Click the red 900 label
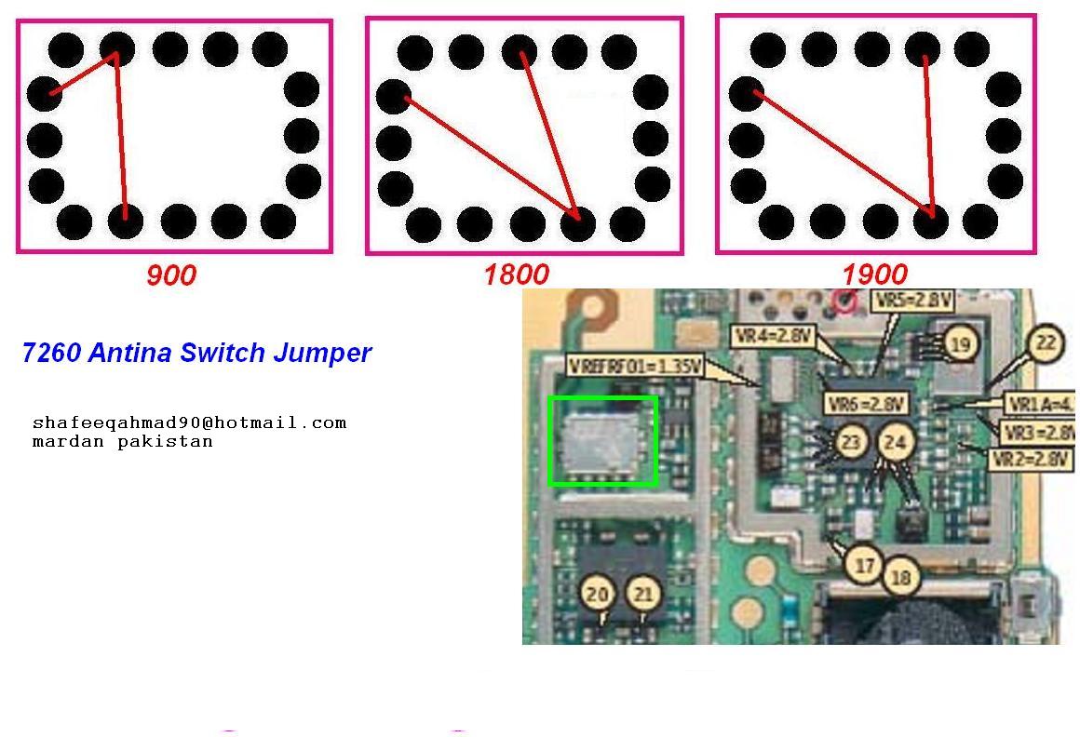[x=171, y=275]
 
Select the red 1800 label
[x=516, y=275]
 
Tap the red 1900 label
[x=874, y=275]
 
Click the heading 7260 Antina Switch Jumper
[x=196, y=353]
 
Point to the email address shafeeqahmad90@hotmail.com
[x=189, y=422]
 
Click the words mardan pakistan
[x=122, y=441]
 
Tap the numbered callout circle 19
[x=958, y=344]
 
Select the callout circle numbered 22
[x=1046, y=343]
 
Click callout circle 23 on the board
[x=850, y=443]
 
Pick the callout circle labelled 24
[x=895, y=443]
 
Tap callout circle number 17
[x=865, y=564]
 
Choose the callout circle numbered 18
[x=900, y=577]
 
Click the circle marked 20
[x=599, y=593]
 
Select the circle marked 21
[x=642, y=593]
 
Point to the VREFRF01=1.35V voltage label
[x=634, y=368]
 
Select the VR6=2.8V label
[x=865, y=404]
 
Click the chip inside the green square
[x=602, y=441]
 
